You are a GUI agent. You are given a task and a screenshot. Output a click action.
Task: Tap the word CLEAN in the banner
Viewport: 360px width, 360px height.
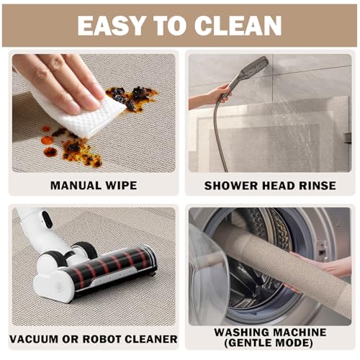[x=238, y=25]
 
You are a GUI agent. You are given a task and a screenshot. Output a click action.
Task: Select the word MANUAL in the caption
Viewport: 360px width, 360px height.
[x=76, y=186]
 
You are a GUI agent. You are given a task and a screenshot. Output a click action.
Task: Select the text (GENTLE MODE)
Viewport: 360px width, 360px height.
[x=269, y=343]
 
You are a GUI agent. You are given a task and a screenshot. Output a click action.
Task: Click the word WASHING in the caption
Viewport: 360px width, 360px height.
[x=242, y=333]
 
